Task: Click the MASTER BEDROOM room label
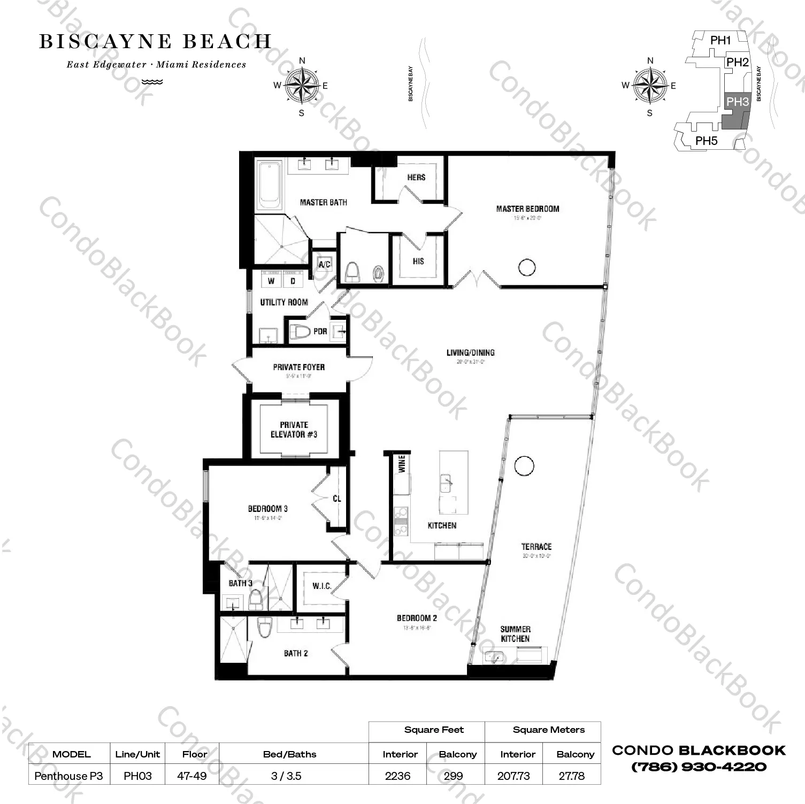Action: tap(527, 209)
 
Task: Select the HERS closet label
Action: tap(416, 177)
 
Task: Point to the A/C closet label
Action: tap(324, 264)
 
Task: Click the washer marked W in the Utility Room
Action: tap(271, 280)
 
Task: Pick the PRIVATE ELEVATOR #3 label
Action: tap(294, 430)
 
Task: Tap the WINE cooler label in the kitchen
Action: tap(402, 463)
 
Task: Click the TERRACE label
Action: tap(536, 546)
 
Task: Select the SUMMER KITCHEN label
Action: tap(515, 634)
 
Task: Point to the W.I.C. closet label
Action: tap(321, 586)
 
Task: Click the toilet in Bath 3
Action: tap(256, 599)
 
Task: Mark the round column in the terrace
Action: tap(524, 465)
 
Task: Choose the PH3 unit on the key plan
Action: tap(737, 102)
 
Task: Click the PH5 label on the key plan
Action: tap(706, 141)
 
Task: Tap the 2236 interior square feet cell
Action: tap(397, 776)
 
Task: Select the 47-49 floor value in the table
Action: tap(191, 776)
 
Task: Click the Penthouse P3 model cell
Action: tap(68, 776)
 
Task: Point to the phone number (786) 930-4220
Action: tap(699, 767)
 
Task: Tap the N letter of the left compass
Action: tap(302, 60)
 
